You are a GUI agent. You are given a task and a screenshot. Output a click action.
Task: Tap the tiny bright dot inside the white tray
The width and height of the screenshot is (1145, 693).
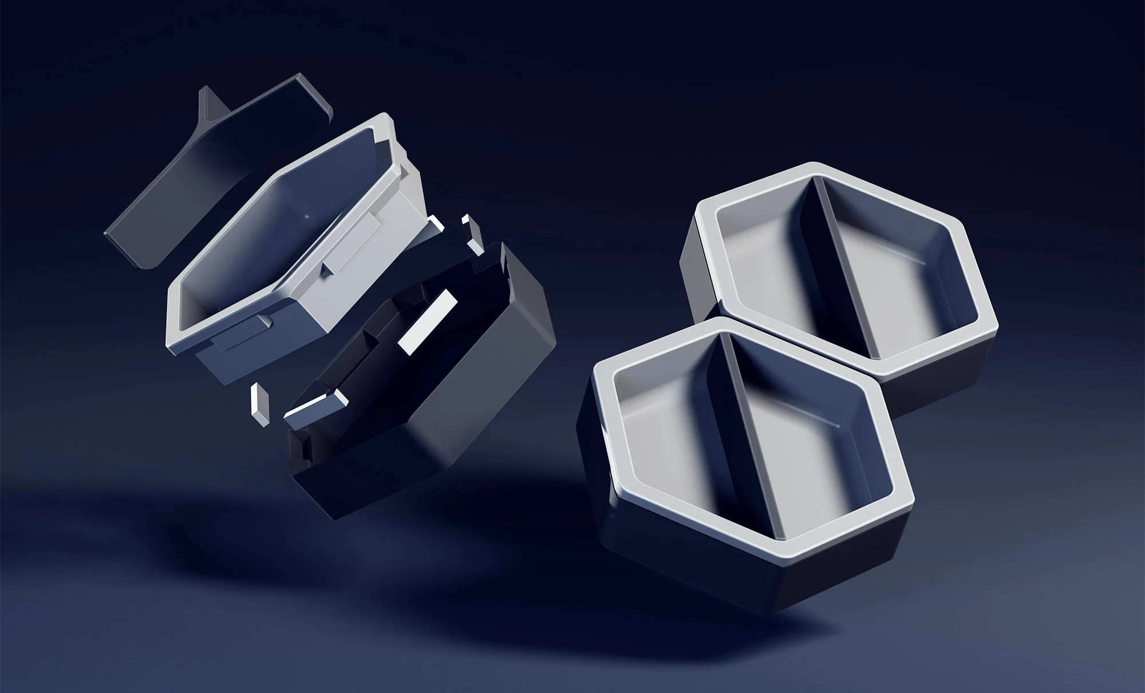pyautogui.click(x=306, y=216)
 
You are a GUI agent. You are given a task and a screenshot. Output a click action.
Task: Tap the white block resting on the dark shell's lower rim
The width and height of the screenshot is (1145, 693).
pyautogui.click(x=312, y=406)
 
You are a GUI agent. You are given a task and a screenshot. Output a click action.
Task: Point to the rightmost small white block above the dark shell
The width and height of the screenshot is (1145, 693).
pyautogui.click(x=475, y=235)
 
